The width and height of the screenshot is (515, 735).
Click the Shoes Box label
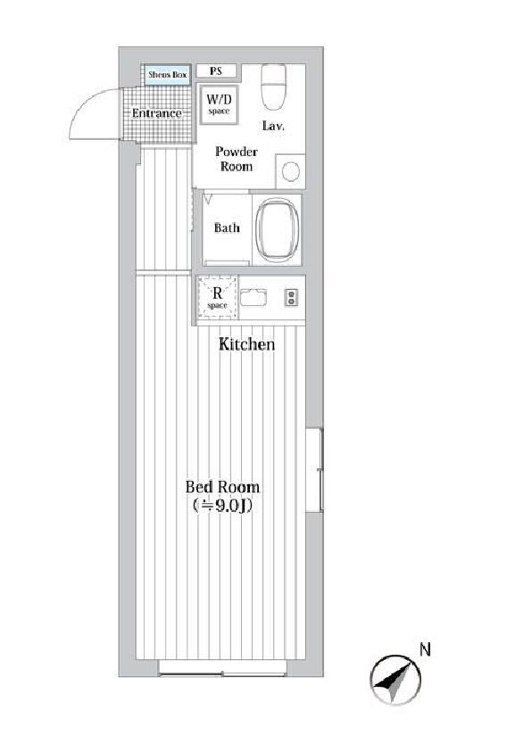coord(168,75)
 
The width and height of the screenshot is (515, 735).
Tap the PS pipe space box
coord(216,71)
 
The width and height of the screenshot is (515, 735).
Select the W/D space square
coord(219,104)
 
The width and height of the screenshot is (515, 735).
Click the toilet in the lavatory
coord(273,87)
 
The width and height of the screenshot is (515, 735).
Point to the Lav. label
coord(273,126)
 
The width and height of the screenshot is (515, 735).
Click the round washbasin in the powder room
coord(291,171)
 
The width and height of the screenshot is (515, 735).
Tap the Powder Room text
coord(237,159)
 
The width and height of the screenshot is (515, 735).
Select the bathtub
coord(278,230)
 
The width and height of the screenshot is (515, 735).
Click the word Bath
coord(227,227)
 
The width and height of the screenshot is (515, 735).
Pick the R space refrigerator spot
coord(217,298)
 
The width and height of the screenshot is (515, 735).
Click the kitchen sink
coord(253,298)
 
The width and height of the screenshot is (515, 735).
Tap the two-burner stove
coord(291,298)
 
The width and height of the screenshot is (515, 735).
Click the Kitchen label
coord(246,344)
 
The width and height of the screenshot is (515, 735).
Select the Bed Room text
coord(222,486)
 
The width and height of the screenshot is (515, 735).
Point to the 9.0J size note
coord(222,505)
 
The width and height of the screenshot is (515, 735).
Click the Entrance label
coord(157,113)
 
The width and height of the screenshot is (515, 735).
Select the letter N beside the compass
coord(425,649)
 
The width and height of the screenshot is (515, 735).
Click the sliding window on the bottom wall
coord(222,667)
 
